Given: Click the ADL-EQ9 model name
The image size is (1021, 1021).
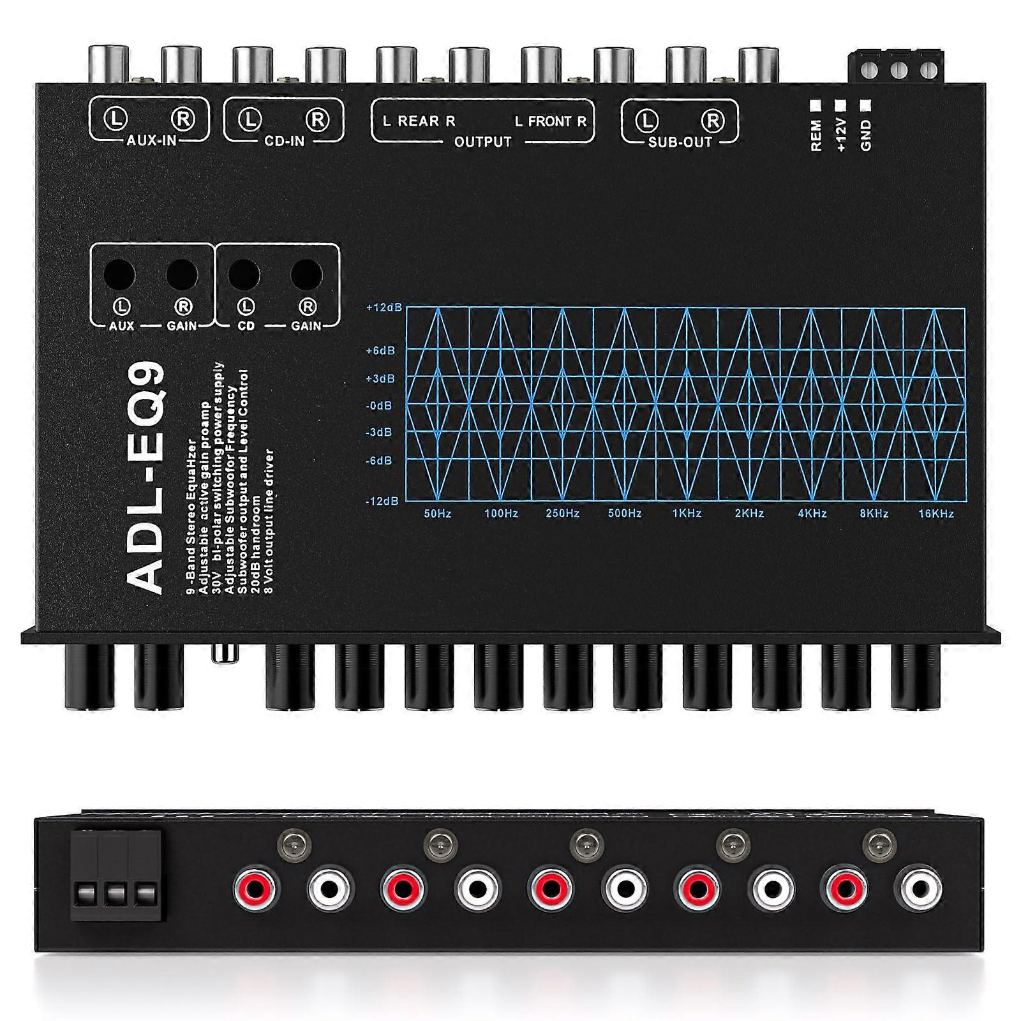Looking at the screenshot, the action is [145, 479].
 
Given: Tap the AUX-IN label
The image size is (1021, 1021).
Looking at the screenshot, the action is [151, 140].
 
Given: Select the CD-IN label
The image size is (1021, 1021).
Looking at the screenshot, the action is [285, 141].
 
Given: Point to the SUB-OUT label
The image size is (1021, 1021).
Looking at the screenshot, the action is [680, 142].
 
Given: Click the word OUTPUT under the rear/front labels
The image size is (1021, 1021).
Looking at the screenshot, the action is [483, 142].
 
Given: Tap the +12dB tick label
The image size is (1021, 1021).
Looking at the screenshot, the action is [384, 308].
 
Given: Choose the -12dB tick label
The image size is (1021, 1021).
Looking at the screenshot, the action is [382, 501].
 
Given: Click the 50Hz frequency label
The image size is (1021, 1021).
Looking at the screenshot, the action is [438, 514].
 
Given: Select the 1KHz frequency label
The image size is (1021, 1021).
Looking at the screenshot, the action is [687, 514].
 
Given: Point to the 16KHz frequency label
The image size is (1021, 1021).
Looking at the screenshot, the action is [936, 514].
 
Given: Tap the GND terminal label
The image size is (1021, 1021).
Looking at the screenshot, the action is [866, 136].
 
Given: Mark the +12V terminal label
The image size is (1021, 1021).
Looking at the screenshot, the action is [840, 135].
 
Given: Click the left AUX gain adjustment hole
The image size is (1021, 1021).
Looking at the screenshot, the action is [120, 275].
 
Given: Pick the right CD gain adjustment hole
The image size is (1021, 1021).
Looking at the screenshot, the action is [306, 275].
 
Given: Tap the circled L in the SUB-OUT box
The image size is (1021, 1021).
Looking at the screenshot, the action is [646, 120].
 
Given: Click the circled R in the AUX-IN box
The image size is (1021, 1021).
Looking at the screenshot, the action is [183, 119].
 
